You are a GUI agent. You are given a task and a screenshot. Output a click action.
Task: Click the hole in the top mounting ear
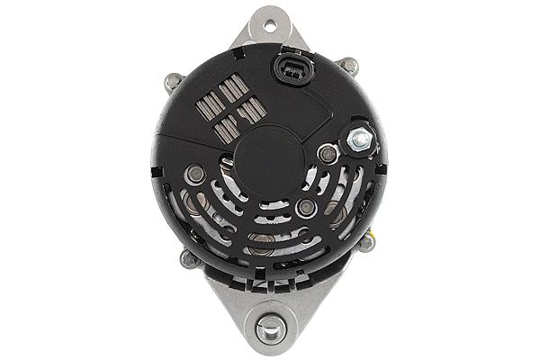268,24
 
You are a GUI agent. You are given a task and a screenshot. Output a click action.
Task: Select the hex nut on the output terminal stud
362,140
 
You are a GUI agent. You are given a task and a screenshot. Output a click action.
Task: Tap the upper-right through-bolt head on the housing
347,65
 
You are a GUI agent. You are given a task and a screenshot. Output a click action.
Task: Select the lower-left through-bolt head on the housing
188,258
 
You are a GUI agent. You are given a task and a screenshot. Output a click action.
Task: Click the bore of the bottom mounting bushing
268,329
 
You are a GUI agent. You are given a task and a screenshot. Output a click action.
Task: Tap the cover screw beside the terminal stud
329,154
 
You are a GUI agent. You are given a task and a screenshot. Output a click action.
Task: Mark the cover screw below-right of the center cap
306,208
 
